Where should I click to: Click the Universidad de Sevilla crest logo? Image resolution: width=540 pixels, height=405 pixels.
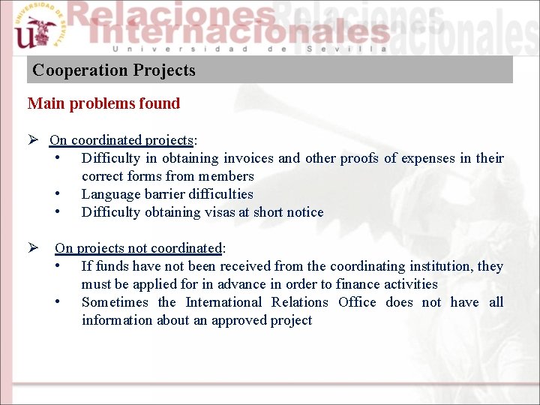(x=36, y=28)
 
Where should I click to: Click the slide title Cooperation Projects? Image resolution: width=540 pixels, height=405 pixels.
(x=114, y=70)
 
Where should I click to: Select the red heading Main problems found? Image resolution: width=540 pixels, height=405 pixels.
(x=103, y=103)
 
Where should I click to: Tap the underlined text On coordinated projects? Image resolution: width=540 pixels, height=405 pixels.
(x=121, y=140)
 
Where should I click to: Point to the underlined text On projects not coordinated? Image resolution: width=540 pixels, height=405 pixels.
(x=139, y=248)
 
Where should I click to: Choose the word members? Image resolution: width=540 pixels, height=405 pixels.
(x=226, y=176)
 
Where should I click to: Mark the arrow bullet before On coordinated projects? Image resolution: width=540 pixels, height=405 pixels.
(x=33, y=140)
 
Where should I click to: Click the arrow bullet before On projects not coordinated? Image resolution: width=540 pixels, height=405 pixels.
(x=33, y=248)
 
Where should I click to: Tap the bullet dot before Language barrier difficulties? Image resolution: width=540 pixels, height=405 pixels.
(x=58, y=194)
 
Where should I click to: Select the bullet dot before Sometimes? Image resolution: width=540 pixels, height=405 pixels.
(x=58, y=302)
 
